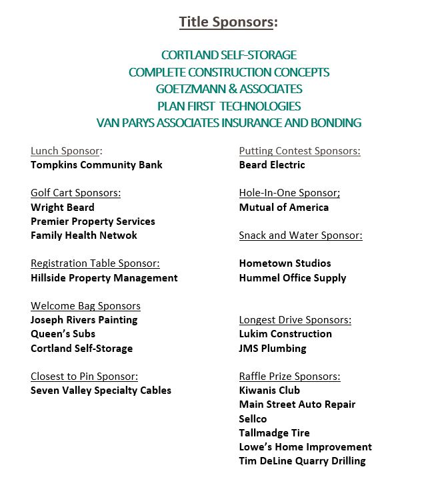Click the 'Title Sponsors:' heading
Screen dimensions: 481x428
point(228,23)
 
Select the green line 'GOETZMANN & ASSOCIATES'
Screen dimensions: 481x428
point(229,89)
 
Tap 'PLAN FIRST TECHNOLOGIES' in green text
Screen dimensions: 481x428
point(229,106)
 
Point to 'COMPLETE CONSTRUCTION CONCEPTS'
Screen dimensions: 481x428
point(229,72)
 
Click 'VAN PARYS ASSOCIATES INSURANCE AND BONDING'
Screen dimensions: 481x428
point(229,123)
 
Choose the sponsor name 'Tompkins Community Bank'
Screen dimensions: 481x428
point(97,165)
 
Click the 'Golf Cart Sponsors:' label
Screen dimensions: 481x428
point(75,193)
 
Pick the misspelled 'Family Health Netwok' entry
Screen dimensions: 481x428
point(84,236)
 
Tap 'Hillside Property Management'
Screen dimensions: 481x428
point(104,278)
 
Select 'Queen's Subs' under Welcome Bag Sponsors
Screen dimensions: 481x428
point(63,334)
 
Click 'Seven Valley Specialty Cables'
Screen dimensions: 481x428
point(101,391)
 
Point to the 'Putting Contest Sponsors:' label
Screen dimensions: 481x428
point(299,151)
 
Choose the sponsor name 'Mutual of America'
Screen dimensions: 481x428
point(284,208)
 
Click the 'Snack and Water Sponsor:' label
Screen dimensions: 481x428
point(301,236)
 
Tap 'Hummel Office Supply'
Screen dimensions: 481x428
point(293,278)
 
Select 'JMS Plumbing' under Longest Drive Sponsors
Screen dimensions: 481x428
point(273,348)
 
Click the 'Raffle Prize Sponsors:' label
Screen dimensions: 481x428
point(289,377)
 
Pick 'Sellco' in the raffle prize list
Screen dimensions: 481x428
point(253,419)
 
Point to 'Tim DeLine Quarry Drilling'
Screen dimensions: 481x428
point(302,461)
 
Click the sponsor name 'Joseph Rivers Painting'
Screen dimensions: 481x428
point(84,320)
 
